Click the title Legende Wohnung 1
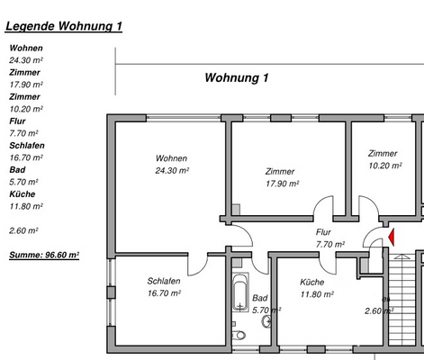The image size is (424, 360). click(x=63, y=26)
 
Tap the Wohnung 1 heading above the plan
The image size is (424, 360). click(x=237, y=78)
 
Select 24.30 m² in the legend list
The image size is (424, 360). click(x=25, y=60)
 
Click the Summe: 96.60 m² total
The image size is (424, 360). click(x=44, y=255)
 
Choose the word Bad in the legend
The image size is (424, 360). click(x=16, y=169)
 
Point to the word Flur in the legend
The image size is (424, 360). click(x=17, y=121)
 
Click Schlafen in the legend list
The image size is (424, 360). click(x=27, y=145)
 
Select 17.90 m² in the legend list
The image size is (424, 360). click(x=25, y=85)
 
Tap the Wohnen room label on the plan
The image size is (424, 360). click(x=170, y=158)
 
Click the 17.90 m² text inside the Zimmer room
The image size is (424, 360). click(x=282, y=184)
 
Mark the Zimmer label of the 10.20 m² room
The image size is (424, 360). click(x=383, y=153)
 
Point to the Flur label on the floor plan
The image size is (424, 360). click(x=324, y=231)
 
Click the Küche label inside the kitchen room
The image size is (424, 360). click(x=312, y=282)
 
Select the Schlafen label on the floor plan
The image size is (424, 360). click(x=164, y=281)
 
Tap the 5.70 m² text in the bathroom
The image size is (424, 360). click(x=266, y=310)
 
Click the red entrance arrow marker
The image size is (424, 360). click(x=391, y=238)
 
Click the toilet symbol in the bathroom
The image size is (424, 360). click(x=239, y=332)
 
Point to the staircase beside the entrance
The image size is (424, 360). click(x=405, y=297)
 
